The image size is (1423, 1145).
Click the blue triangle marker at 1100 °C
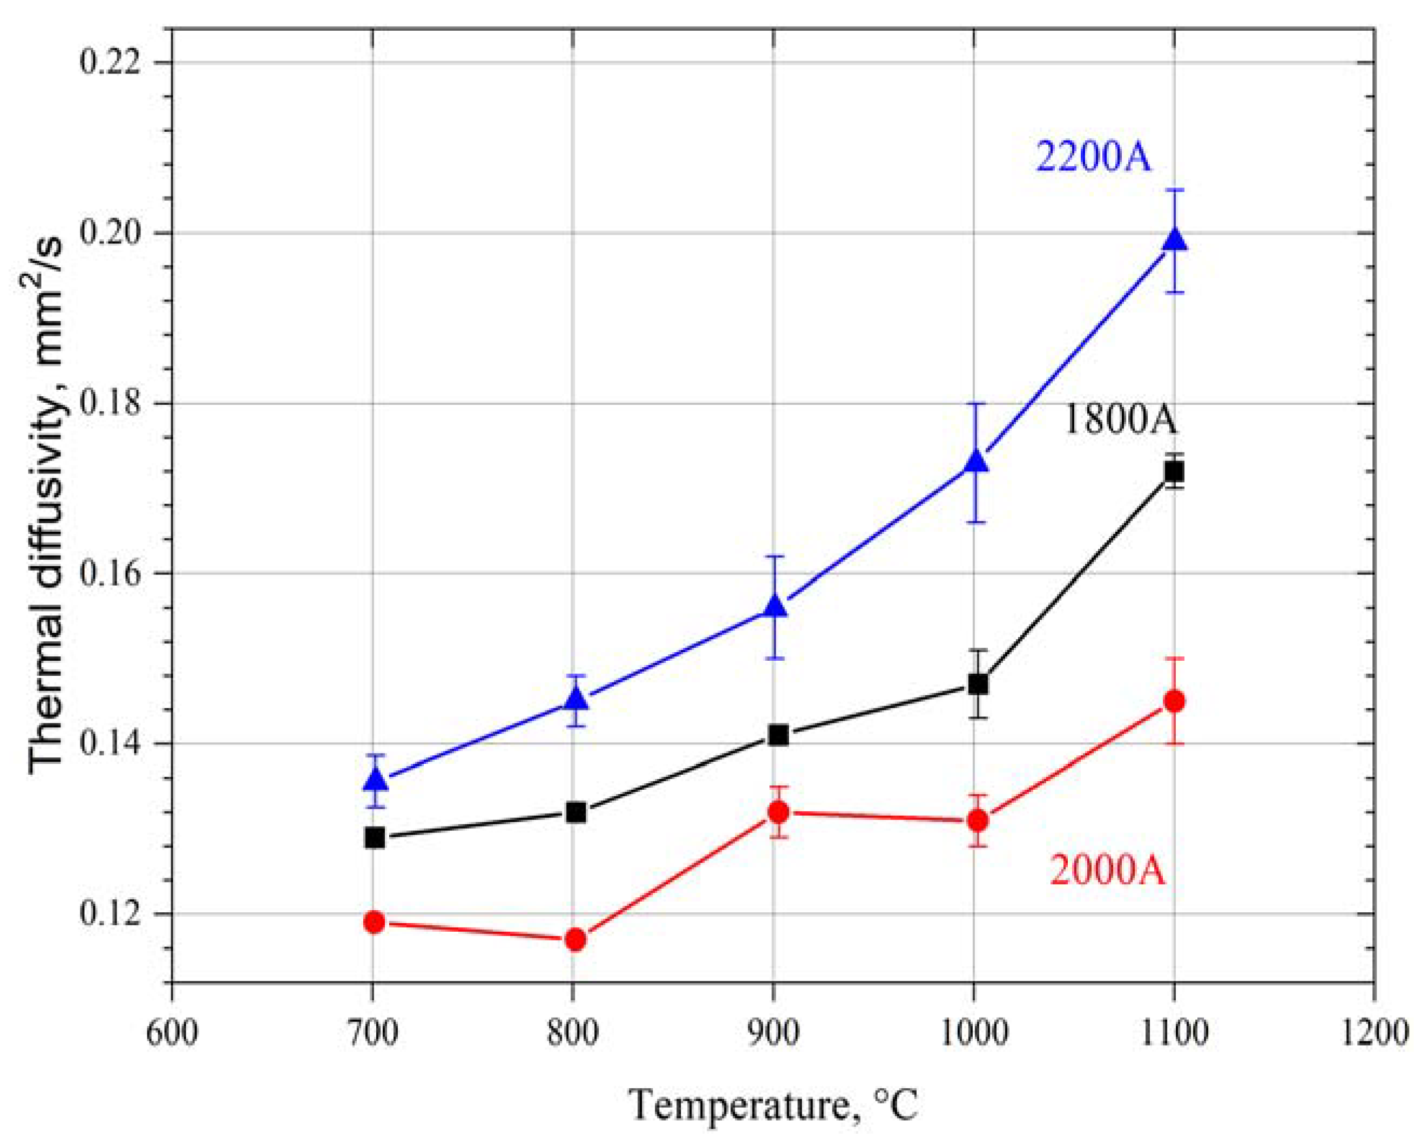1174,240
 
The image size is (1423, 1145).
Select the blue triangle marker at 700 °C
376,780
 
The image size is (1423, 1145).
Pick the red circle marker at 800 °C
575,939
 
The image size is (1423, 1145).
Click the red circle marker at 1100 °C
1174,701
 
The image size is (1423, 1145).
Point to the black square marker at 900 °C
778,735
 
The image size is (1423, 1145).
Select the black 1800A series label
1120,421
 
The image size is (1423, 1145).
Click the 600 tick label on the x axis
172,1032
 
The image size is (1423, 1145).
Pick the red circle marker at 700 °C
375,922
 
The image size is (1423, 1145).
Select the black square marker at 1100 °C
1174,472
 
